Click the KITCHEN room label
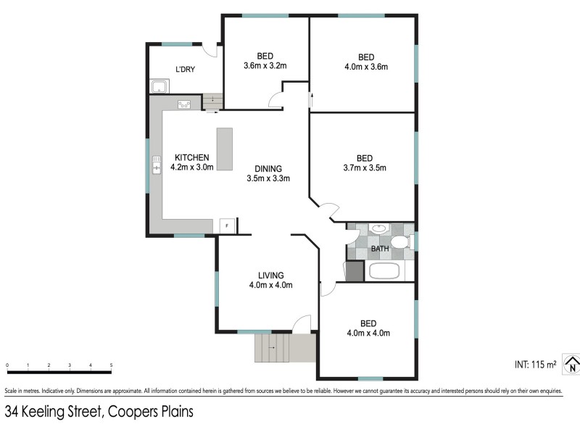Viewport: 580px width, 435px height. (x=192, y=157)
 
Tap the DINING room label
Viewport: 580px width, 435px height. (x=268, y=168)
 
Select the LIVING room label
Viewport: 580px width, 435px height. (x=270, y=275)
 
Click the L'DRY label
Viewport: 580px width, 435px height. (x=186, y=70)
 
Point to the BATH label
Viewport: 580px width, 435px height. (x=380, y=249)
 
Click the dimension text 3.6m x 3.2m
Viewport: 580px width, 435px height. (x=265, y=66)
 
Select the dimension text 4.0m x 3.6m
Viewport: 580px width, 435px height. (x=366, y=67)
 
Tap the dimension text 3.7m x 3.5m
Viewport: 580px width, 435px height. (x=364, y=168)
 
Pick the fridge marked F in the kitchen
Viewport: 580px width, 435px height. (x=226, y=226)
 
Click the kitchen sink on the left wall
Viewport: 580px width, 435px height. (x=156, y=167)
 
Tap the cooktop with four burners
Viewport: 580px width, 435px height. (x=184, y=104)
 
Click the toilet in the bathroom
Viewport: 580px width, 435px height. (x=398, y=243)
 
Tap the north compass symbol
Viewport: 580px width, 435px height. (x=572, y=365)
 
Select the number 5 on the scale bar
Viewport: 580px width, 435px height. (x=111, y=365)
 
